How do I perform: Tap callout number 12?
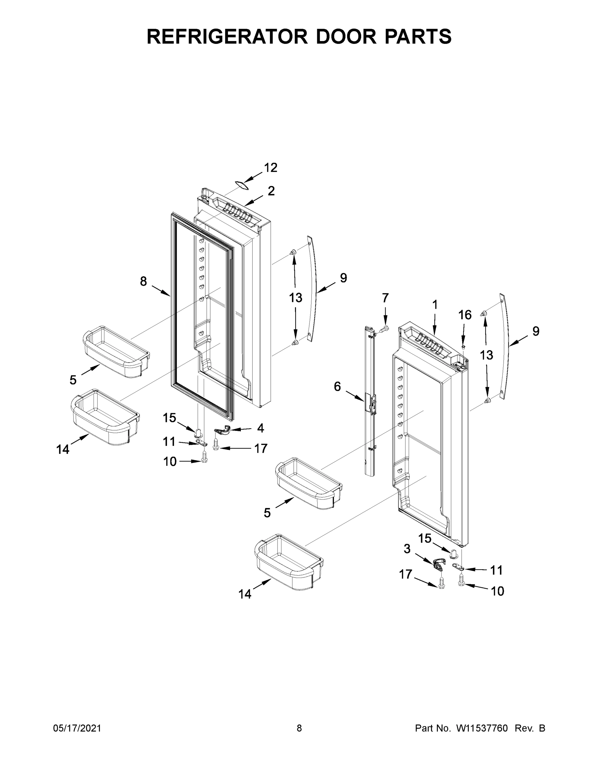tap(271, 168)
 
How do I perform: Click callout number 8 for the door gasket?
tap(143, 282)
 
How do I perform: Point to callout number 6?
tap(337, 386)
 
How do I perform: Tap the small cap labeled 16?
tap(463, 347)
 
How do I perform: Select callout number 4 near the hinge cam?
tap(260, 428)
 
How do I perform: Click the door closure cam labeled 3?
tap(438, 563)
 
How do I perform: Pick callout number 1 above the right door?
tap(435, 304)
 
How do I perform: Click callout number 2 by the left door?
tap(271, 191)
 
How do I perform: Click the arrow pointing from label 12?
tap(253, 177)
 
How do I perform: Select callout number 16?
tap(465, 315)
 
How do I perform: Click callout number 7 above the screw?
tap(385, 298)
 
